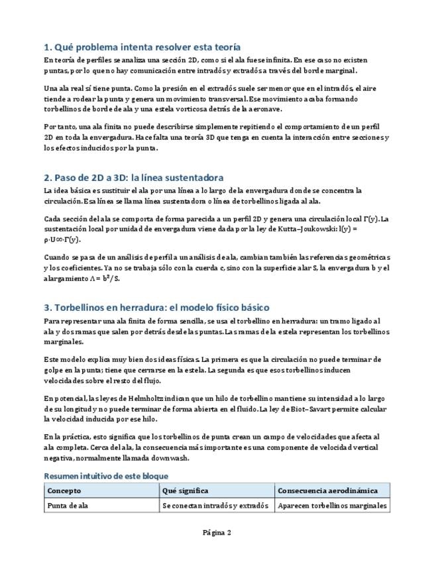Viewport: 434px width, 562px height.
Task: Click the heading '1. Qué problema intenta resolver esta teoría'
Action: tap(142, 47)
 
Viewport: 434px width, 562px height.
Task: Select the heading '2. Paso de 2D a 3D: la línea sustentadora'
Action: tap(133, 178)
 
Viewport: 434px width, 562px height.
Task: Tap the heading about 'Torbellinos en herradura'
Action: tap(156, 308)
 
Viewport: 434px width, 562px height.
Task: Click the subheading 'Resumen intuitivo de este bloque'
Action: tap(106, 476)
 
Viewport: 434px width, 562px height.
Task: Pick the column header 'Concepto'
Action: tap(64, 491)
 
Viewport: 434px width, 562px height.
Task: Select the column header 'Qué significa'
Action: tap(185, 491)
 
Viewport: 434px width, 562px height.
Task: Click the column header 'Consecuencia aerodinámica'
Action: tap(328, 491)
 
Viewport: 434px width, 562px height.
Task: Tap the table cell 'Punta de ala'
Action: tap(68, 506)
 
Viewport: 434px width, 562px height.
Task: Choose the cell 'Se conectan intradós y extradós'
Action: tap(215, 506)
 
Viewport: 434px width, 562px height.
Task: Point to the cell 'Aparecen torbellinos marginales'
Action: tap(332, 506)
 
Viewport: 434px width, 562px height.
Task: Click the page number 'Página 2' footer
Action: tap(217, 533)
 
